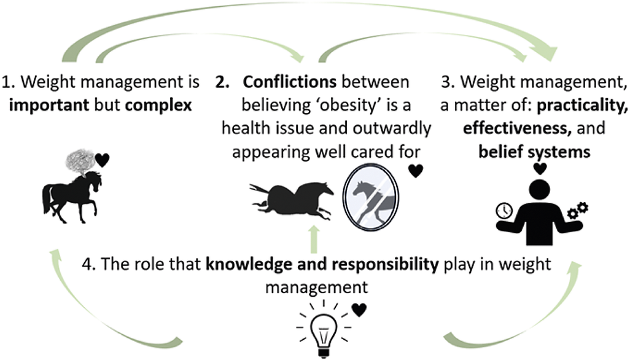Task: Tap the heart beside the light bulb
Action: pyautogui.click(x=359, y=310)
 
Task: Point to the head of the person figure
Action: pyautogui.click(x=540, y=186)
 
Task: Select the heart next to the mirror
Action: pyautogui.click(x=416, y=171)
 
